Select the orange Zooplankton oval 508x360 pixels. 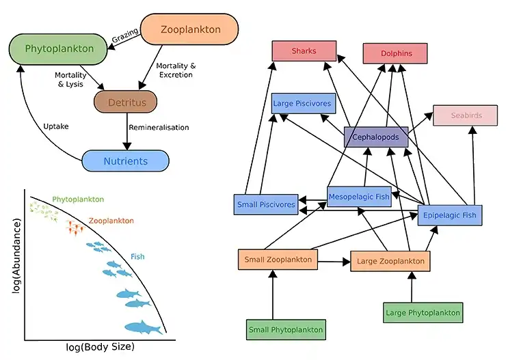(x=189, y=30)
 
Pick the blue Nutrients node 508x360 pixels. (x=124, y=161)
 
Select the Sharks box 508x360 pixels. (x=304, y=51)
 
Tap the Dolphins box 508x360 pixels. (x=395, y=53)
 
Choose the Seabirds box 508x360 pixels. (x=466, y=115)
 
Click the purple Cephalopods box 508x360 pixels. (x=376, y=137)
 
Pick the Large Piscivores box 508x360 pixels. (x=303, y=104)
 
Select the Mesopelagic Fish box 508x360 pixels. (x=358, y=197)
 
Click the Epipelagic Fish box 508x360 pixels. (x=450, y=215)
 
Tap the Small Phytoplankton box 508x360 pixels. (x=285, y=329)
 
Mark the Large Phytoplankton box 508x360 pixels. (x=423, y=313)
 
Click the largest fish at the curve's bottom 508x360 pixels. (x=142, y=328)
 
